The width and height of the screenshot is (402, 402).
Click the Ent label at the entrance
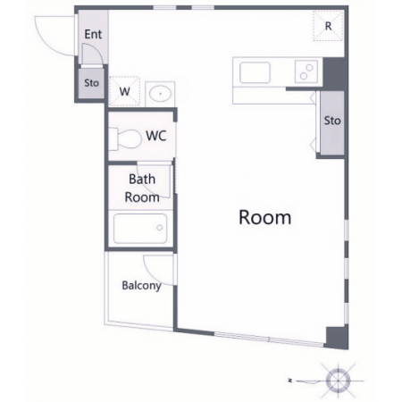93,34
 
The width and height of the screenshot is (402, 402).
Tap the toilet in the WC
125,138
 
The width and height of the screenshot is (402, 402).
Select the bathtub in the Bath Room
140,229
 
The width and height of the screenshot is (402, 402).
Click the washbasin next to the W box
160,94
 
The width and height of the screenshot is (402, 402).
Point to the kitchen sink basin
255,72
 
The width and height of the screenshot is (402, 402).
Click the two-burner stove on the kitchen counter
306,71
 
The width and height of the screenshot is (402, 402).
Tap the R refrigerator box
328,26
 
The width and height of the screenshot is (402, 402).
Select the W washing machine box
124,91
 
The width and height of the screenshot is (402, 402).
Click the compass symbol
338,381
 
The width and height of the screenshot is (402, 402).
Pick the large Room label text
264,217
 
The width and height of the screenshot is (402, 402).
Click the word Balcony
142,286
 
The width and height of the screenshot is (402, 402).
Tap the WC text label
156,136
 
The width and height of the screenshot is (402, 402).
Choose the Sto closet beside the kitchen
332,123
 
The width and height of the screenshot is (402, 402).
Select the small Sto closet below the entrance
91,83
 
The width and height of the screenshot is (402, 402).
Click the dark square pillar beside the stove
335,74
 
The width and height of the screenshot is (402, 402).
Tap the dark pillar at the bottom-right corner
337,338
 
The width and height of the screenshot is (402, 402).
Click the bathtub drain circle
160,228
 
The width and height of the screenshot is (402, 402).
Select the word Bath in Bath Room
142,180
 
